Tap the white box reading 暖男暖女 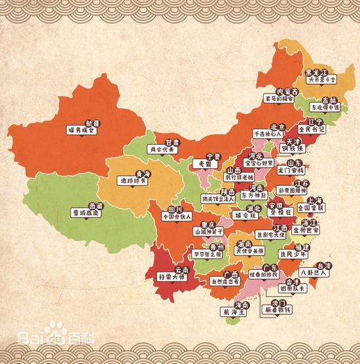pyautogui.click(x=88, y=130)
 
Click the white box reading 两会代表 pyautogui.click(x=163, y=149)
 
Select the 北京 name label pyautogui.click(x=276, y=126)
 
